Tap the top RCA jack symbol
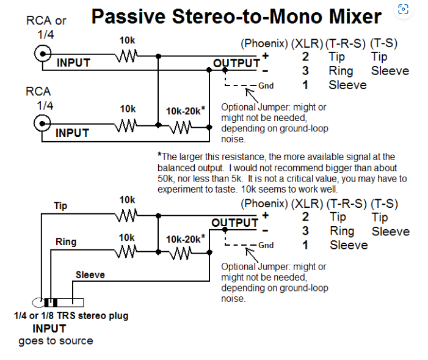click(x=43, y=54)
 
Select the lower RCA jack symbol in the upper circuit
click(x=42, y=123)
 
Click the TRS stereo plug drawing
click(x=58, y=303)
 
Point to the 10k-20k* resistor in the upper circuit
click(x=180, y=127)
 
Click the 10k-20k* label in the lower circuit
click(x=186, y=239)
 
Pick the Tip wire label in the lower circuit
click(x=60, y=206)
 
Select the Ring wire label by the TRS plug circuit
click(x=66, y=242)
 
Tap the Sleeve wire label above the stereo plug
click(x=90, y=274)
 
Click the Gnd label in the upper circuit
click(x=266, y=86)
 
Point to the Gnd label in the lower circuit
click(x=266, y=245)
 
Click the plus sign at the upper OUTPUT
click(x=266, y=56)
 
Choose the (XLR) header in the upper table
click(x=307, y=43)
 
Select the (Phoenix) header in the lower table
click(x=264, y=204)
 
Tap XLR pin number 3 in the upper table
click(x=305, y=71)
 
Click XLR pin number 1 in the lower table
click(x=305, y=245)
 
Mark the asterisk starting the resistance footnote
click(x=160, y=155)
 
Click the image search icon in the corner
click(x=403, y=9)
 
